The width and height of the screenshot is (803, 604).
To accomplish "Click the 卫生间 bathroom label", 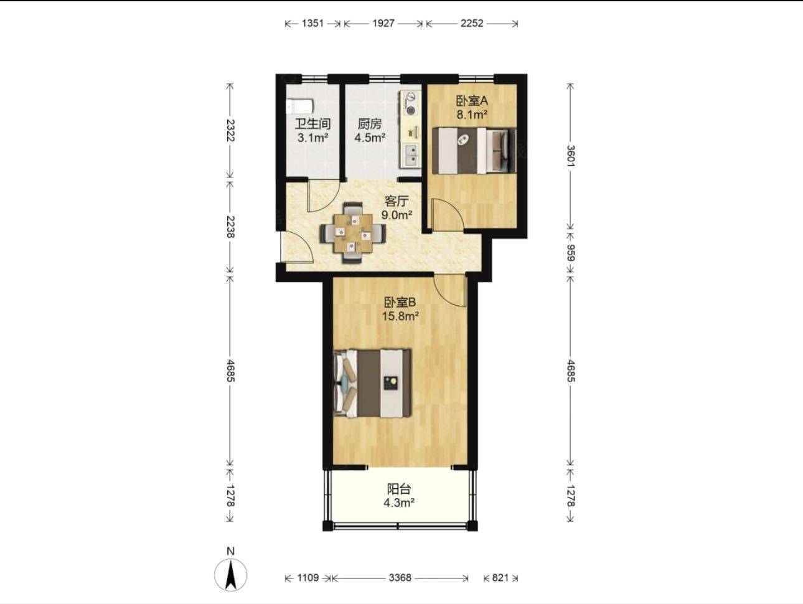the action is [x=312, y=124].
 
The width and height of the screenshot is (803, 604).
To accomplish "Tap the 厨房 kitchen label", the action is [x=370, y=124].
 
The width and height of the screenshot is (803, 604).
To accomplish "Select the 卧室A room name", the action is [x=472, y=101].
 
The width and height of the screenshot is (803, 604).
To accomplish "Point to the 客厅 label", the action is [x=397, y=201].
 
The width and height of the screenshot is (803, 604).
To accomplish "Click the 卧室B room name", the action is [x=400, y=302].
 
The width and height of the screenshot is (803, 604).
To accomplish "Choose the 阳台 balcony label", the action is [x=399, y=489].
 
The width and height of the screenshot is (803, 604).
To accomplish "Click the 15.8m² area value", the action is [x=400, y=316].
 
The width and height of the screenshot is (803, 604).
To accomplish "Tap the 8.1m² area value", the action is [x=472, y=115].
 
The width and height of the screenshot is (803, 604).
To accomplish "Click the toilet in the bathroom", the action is [x=299, y=106].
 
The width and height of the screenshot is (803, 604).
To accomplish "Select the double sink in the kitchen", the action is [x=411, y=155].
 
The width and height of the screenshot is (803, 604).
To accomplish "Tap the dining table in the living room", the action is [x=353, y=233].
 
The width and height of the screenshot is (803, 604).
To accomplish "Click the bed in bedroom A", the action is [x=474, y=150].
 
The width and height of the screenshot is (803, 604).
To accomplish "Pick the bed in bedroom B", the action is [x=372, y=383].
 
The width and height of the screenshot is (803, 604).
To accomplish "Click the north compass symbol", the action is [x=230, y=575].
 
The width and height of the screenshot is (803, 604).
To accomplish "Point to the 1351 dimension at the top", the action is [x=312, y=24].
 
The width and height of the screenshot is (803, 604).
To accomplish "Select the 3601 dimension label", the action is [x=570, y=156].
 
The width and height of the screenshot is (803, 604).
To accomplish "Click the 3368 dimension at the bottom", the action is [x=400, y=578].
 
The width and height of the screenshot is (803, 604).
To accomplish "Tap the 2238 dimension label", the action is [x=230, y=227].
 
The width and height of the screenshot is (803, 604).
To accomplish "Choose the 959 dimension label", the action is [x=570, y=253].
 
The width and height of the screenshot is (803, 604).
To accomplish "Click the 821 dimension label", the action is [x=500, y=578].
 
